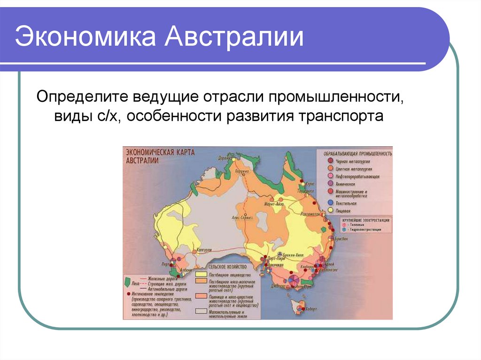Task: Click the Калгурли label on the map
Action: (x=205, y=250)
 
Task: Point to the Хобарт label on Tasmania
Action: (x=310, y=310)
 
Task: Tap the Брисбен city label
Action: (x=342, y=239)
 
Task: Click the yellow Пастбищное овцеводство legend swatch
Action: (x=202, y=274)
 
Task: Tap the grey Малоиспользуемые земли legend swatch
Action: (x=202, y=312)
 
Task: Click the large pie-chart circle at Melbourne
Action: (x=294, y=280)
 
